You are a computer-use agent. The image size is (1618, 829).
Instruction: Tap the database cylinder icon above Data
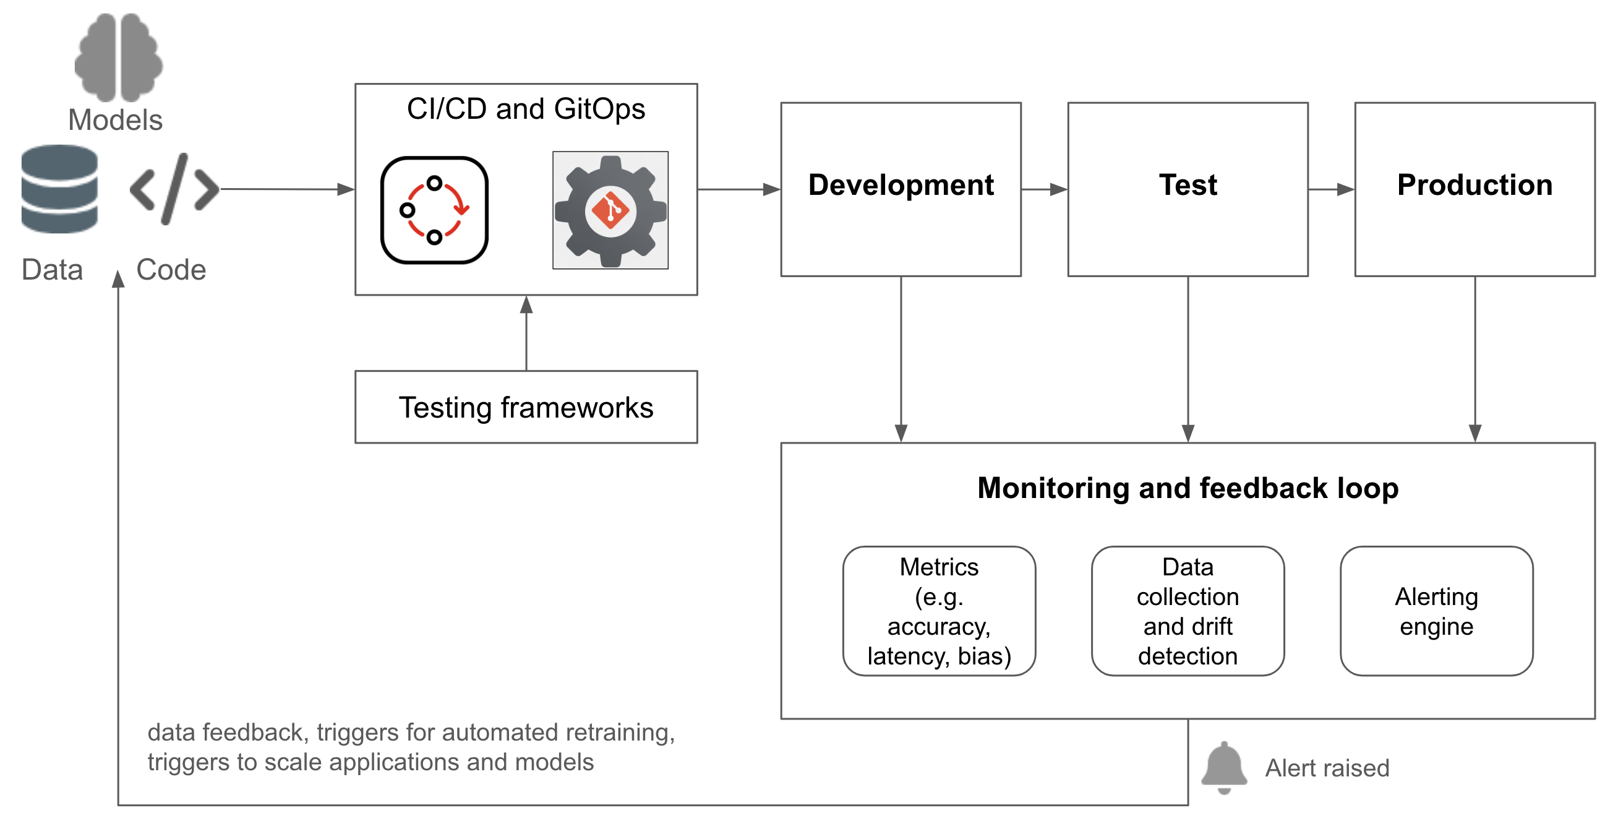point(59,189)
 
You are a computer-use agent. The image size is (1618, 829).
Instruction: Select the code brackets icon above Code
point(174,189)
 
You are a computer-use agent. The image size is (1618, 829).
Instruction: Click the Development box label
point(901,185)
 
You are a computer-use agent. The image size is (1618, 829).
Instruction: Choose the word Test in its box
point(1188,185)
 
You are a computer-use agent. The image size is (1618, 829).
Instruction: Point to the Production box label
point(1474,185)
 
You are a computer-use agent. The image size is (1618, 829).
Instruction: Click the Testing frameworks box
point(526,407)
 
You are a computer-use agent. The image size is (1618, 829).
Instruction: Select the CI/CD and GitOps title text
point(526,109)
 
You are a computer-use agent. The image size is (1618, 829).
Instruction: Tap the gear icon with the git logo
point(610,210)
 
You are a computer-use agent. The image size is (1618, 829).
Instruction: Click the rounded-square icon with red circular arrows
point(434,210)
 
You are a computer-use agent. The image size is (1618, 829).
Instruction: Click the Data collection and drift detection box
point(1187,611)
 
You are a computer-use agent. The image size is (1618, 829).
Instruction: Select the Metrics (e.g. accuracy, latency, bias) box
point(938,611)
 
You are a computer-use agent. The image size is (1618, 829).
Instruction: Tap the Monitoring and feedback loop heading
point(1187,488)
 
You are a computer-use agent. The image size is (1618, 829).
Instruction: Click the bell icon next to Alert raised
point(1223,767)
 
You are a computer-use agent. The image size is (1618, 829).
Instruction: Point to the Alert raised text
point(1327,768)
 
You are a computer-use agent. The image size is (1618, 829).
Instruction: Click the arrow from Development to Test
point(1044,189)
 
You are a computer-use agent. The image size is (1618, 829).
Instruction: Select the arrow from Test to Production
point(1331,189)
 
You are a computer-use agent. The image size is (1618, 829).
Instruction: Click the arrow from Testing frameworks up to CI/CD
point(526,333)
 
